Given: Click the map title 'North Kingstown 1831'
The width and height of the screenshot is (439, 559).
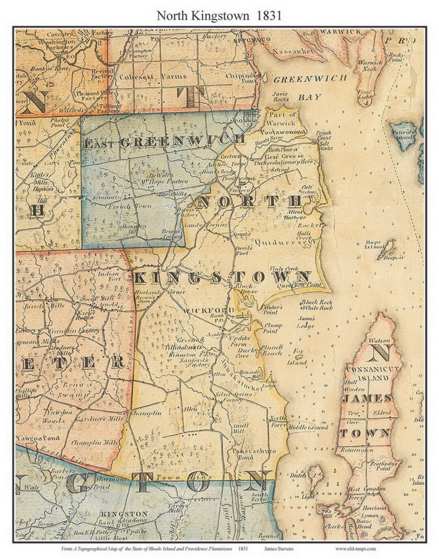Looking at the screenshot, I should pyautogui.click(x=219, y=15).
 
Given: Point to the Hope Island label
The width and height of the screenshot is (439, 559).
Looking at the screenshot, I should pyautogui.click(x=376, y=245).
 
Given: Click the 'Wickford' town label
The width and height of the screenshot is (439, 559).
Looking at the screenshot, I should pyautogui.click(x=209, y=311).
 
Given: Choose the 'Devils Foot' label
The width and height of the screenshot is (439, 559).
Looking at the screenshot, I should pyautogui.click(x=244, y=250).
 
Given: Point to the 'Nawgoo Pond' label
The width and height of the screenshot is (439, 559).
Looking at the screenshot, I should pyautogui.click(x=38, y=438).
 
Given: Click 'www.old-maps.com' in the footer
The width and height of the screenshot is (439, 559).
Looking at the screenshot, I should pyautogui.click(x=356, y=548).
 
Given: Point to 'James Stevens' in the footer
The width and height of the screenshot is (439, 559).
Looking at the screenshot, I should pyautogui.click(x=278, y=548).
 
